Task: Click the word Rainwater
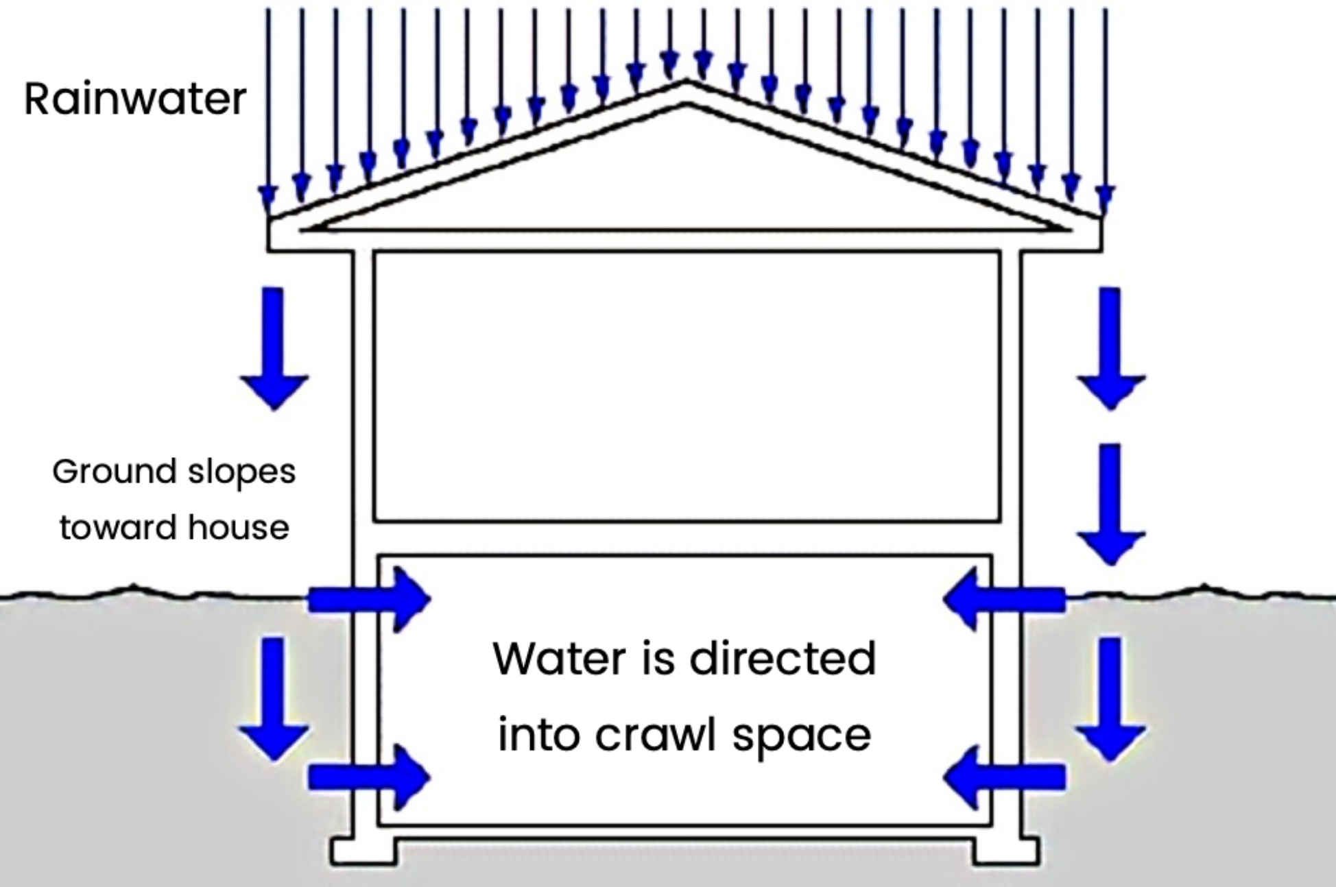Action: click(135, 99)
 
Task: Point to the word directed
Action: click(782, 659)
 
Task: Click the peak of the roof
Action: click(686, 84)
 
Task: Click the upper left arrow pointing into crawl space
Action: click(369, 599)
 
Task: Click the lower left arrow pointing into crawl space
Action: click(369, 777)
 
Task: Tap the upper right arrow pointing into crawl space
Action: click(1004, 599)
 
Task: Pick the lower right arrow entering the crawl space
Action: click(1004, 777)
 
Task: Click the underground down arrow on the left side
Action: click(274, 699)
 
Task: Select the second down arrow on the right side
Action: click(1110, 504)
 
